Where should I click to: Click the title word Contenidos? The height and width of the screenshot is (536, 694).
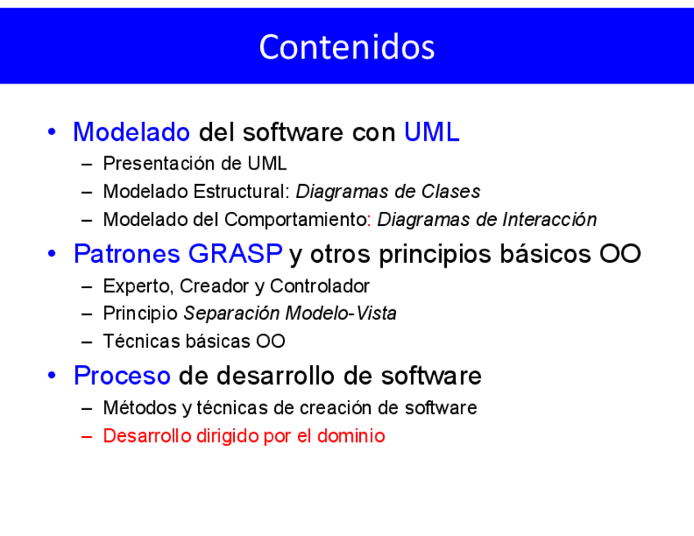(x=347, y=47)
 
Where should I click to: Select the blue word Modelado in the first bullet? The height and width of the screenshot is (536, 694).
(x=132, y=132)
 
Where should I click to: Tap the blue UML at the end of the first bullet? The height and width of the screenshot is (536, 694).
(x=431, y=132)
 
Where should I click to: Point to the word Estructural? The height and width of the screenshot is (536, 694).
(x=241, y=191)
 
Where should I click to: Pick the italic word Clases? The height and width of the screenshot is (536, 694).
(x=451, y=191)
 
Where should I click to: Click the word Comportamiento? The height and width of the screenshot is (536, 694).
(x=295, y=219)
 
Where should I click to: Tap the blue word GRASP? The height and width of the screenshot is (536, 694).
(x=235, y=254)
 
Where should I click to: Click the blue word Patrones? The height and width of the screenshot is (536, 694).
(x=127, y=254)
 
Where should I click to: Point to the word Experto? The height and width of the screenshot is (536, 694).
(x=137, y=286)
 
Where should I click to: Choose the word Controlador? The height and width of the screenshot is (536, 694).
(x=319, y=286)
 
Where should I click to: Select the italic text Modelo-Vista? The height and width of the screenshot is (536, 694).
(x=340, y=313)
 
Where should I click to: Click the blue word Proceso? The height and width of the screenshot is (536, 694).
(x=122, y=376)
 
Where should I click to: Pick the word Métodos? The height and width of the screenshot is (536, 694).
(x=140, y=408)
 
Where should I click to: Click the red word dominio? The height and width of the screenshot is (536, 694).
(x=351, y=436)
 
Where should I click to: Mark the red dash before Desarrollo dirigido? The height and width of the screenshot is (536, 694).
(x=87, y=436)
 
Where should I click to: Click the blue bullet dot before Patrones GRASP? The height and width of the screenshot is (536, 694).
(x=52, y=254)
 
